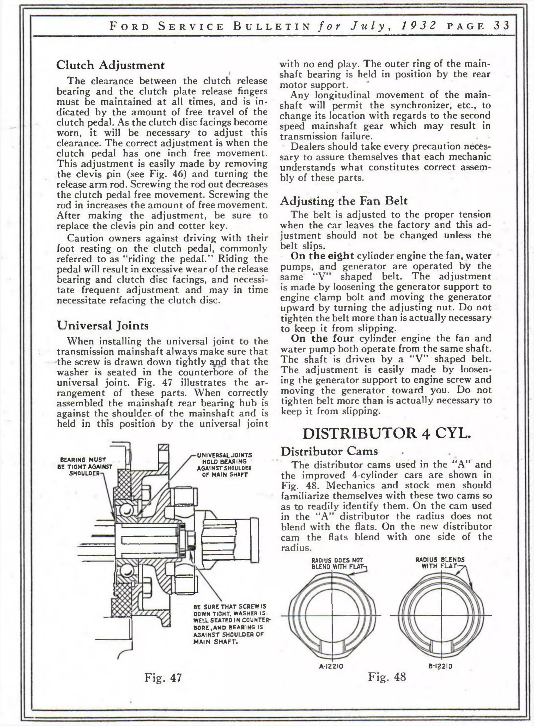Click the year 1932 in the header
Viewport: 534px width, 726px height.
(x=418, y=26)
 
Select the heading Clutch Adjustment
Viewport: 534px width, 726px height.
(x=110, y=65)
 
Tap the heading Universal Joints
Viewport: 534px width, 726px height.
(x=103, y=325)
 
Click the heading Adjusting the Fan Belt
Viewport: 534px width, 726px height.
(x=344, y=201)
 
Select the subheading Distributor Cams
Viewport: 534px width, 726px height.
(x=329, y=451)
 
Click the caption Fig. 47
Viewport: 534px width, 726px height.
(x=163, y=677)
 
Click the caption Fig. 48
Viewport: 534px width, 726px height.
(x=387, y=676)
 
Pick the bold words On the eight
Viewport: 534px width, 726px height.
(x=322, y=256)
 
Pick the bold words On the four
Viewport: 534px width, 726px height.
(x=322, y=338)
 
